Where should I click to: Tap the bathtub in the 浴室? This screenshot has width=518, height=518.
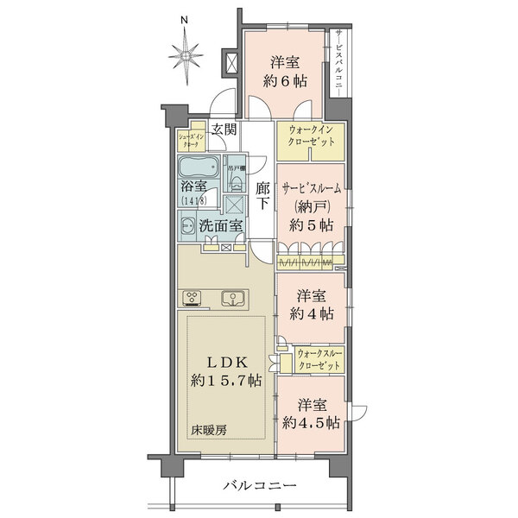tap(201, 167)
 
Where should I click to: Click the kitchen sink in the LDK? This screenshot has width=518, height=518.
tap(231, 300)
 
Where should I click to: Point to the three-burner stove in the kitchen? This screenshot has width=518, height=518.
tap(193, 300)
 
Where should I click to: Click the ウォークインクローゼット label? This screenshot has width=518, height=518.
tap(310, 136)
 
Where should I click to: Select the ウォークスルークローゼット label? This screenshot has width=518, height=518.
tap(320, 358)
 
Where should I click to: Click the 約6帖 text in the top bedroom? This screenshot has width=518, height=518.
tap(286, 82)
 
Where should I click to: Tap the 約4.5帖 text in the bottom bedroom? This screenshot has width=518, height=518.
tap(311, 422)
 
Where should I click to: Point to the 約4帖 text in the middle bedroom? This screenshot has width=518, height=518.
tap(310, 315)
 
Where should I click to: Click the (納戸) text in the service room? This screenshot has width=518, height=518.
tap(310, 208)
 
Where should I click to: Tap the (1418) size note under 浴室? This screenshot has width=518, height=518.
tap(194, 201)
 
